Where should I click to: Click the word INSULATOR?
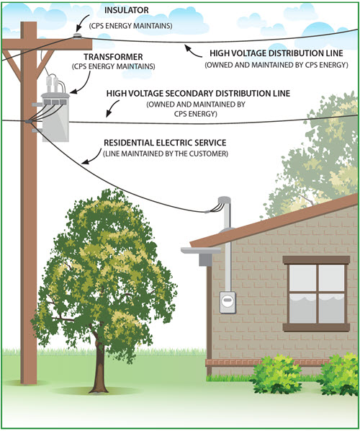(x=126, y=10)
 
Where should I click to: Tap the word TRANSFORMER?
(x=113, y=57)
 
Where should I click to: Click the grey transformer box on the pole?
(x=55, y=117)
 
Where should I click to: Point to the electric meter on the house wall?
(x=228, y=303)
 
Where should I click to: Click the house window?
(x=316, y=293)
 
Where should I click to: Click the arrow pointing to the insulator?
(x=81, y=23)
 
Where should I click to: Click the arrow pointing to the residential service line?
(x=91, y=157)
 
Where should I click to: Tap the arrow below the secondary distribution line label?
(x=112, y=109)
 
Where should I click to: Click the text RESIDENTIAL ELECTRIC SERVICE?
(x=165, y=143)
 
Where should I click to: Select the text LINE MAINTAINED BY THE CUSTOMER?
(x=166, y=154)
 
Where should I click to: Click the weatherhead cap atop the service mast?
(x=224, y=200)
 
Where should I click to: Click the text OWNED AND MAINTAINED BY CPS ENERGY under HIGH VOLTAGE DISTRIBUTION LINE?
(x=276, y=65)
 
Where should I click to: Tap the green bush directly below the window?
(x=276, y=374)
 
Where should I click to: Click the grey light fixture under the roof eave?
(x=202, y=256)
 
